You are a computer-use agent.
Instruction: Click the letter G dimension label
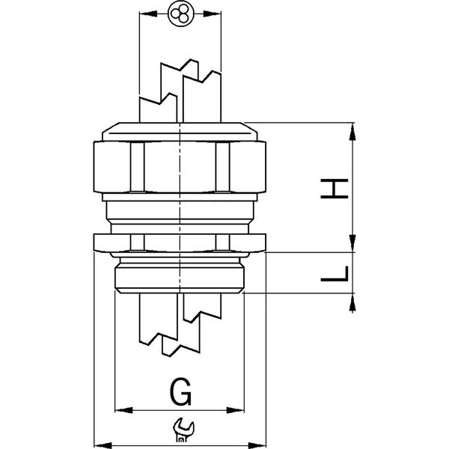180,391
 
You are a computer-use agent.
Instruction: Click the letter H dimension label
335,189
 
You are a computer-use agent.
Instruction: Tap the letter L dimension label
335,273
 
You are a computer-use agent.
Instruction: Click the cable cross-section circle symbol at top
181,13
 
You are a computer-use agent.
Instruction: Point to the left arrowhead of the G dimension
123,410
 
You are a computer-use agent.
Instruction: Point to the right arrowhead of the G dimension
235,410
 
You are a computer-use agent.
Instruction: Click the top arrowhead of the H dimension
352,132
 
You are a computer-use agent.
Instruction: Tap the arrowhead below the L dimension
352,303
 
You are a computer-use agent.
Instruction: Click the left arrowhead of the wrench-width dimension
103,445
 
